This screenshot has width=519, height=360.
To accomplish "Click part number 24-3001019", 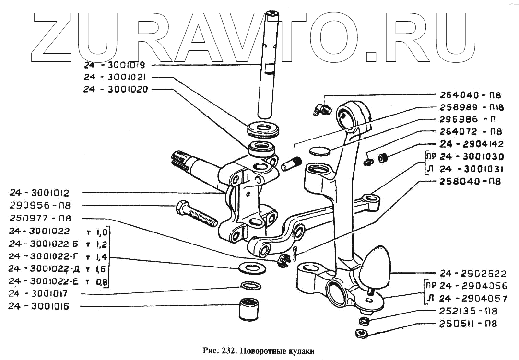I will [x=110, y=65].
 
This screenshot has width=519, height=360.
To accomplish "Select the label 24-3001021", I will [x=110, y=77].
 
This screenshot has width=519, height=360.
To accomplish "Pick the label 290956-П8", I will [x=40, y=206].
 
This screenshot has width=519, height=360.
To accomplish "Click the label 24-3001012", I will [x=39, y=193].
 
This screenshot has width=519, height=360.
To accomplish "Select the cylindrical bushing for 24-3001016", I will [x=250, y=310].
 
